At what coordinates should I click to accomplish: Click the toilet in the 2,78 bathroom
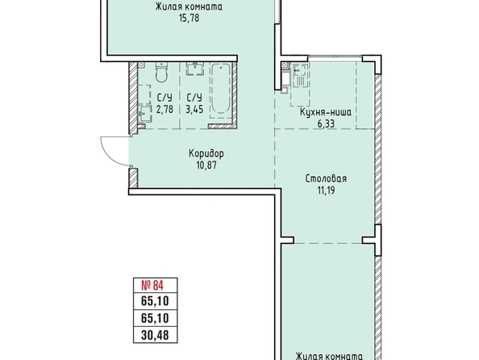point(161,72)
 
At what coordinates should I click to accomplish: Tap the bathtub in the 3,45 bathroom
point(221,89)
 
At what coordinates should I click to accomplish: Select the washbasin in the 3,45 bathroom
point(195,69)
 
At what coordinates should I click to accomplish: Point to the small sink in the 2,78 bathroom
point(145,114)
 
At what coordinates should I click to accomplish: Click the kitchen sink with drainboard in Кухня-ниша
point(300,76)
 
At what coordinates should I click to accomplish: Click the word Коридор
point(206,153)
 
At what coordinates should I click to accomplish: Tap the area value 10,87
point(206,165)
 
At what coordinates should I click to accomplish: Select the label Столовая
point(326,178)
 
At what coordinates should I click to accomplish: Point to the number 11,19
point(327,190)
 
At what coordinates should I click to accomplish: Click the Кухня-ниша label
point(326,112)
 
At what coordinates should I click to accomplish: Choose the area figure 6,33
point(326,124)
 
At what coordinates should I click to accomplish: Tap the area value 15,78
point(190,18)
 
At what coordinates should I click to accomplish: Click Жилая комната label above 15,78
point(189,6)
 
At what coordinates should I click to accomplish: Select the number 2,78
point(165,109)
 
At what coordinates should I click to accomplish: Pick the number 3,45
point(194,109)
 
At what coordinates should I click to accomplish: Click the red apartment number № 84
point(152,286)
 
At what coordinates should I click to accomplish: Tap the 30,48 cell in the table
point(155,335)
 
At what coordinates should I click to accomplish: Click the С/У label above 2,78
point(165,98)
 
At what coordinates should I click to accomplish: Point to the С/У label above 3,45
point(194,98)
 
